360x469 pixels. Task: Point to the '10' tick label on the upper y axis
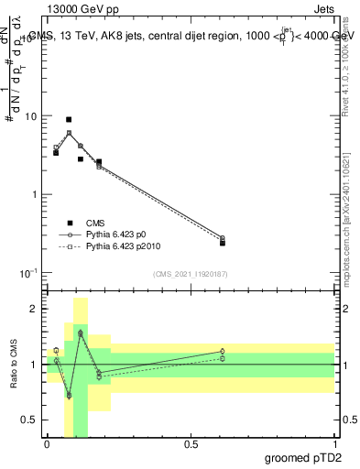click(x=29, y=116)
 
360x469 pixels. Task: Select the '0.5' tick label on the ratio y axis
click(x=27, y=420)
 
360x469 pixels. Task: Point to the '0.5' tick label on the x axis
click(x=191, y=444)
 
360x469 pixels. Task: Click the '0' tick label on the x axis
click(x=47, y=444)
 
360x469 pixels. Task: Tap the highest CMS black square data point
click(x=69, y=119)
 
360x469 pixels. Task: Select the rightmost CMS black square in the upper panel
click(x=223, y=243)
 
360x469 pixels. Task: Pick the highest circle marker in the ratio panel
click(x=81, y=333)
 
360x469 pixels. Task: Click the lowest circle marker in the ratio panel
click(x=69, y=395)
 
